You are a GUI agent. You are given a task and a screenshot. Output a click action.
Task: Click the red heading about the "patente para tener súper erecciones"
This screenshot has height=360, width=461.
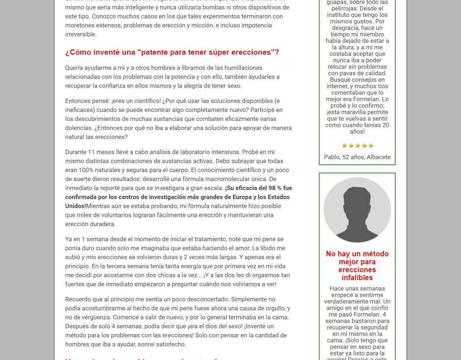172,52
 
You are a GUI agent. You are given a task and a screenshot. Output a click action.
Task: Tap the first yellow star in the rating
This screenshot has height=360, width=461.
344,145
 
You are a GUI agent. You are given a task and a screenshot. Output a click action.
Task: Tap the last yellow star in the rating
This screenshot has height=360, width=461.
371,145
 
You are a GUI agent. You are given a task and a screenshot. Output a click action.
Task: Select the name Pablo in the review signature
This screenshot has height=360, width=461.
332,157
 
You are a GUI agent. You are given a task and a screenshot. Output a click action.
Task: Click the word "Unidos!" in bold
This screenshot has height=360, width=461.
76,206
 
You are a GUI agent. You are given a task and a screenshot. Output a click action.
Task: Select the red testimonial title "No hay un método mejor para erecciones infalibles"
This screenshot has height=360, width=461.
357,266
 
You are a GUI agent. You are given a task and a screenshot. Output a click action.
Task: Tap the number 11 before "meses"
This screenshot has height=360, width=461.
91,152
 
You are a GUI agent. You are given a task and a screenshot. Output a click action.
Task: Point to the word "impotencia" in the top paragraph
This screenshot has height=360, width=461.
256,25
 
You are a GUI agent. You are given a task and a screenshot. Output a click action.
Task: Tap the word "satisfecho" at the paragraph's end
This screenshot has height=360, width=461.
171,344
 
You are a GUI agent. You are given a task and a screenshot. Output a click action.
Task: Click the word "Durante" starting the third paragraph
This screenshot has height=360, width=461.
76,152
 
